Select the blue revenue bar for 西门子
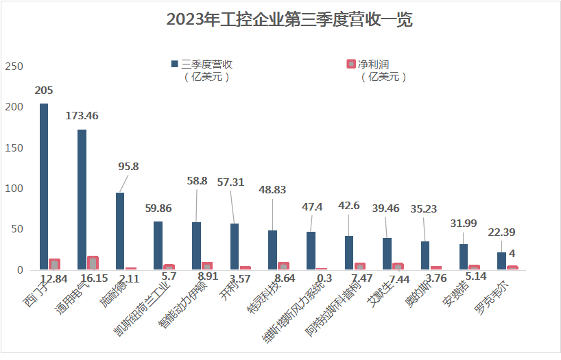tap(44, 187)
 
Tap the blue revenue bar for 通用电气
tap(82, 200)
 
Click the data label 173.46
tap(82, 116)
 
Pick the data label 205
tap(44, 91)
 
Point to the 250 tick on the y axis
tap(14, 67)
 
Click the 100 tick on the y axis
tap(14, 189)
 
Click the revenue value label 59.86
tap(158, 209)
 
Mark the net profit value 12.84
tap(53, 279)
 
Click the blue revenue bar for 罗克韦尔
tap(501, 261)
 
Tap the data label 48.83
tap(272, 190)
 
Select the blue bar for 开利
tap(235, 247)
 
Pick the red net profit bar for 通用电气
tap(93, 263)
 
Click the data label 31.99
tap(463, 224)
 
